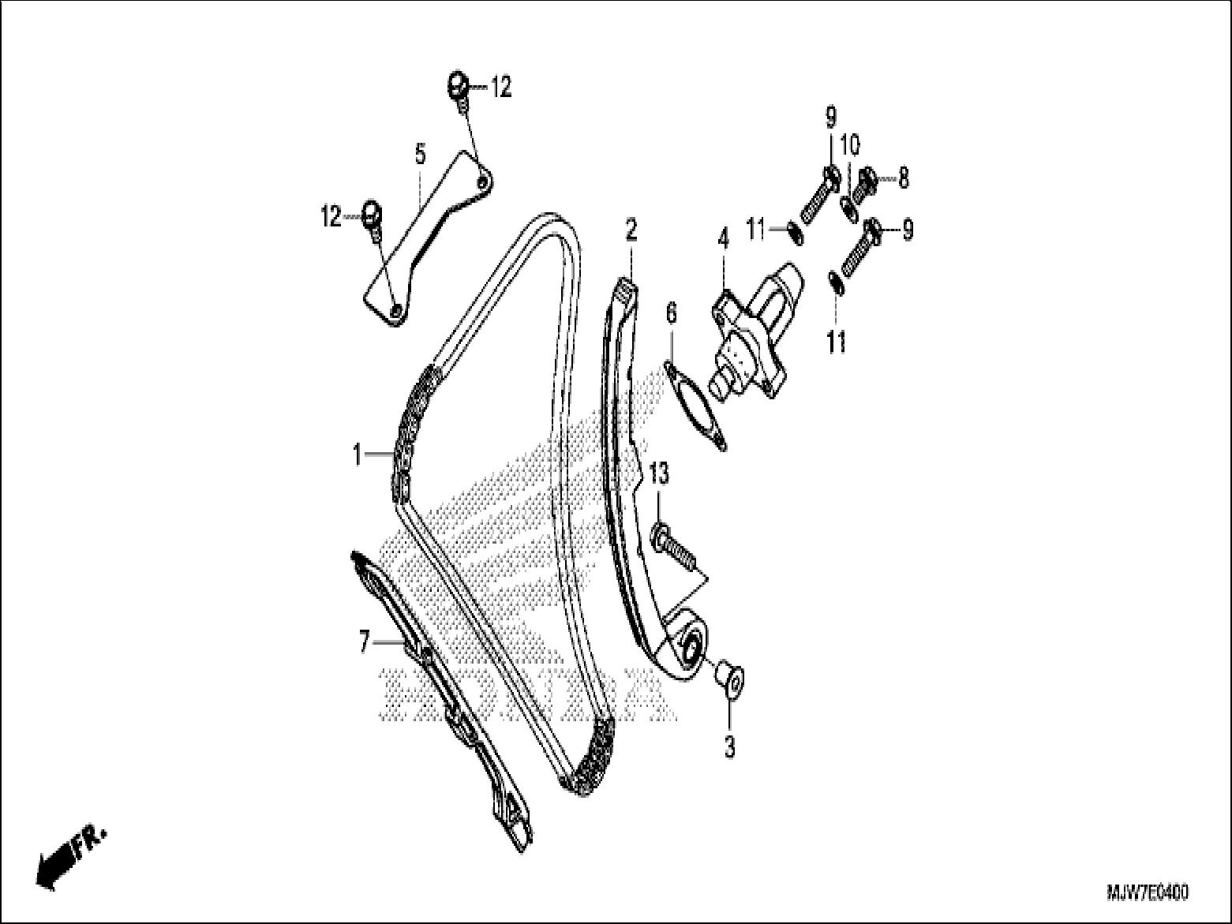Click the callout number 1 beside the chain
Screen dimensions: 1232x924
358,455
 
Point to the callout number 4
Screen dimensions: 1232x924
724,239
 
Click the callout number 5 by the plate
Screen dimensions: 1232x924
421,154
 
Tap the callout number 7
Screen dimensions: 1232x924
365,642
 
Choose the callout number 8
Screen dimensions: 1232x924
903,178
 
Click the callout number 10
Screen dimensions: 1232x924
850,146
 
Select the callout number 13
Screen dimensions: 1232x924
660,474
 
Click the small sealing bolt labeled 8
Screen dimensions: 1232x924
863,185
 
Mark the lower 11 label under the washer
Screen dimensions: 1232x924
835,341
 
